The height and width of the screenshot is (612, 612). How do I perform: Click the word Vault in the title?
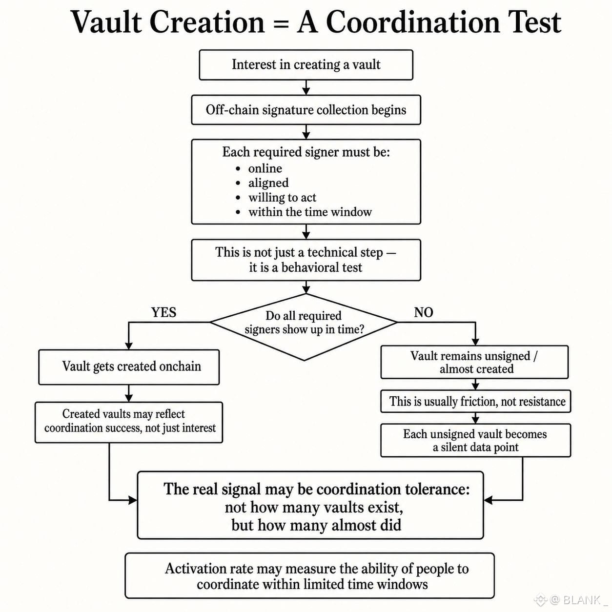[x=106, y=22]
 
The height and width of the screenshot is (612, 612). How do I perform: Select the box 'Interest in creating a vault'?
[x=306, y=65]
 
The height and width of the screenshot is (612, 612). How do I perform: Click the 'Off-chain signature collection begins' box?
[x=306, y=110]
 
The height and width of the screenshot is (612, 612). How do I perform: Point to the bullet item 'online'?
[x=265, y=168]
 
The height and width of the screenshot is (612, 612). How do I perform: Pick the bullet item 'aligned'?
[x=268, y=183]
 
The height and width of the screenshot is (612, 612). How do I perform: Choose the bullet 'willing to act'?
[x=282, y=198]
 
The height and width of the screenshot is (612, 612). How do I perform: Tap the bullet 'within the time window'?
[x=309, y=212]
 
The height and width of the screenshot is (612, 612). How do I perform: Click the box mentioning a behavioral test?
[x=306, y=260]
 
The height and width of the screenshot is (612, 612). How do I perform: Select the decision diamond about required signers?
[x=304, y=327]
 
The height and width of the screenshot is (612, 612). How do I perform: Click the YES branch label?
[x=163, y=312]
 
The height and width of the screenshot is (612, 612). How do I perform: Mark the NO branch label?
[x=424, y=312]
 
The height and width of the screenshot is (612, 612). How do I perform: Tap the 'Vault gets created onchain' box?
[x=129, y=367]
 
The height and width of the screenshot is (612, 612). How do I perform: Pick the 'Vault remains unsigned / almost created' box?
[x=474, y=362]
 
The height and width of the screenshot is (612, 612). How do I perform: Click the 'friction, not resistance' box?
[x=476, y=402]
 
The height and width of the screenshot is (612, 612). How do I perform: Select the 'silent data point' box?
[x=476, y=441]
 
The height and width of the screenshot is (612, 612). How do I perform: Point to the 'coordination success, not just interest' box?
[x=129, y=423]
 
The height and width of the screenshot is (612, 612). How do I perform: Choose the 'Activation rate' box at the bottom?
[x=309, y=575]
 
